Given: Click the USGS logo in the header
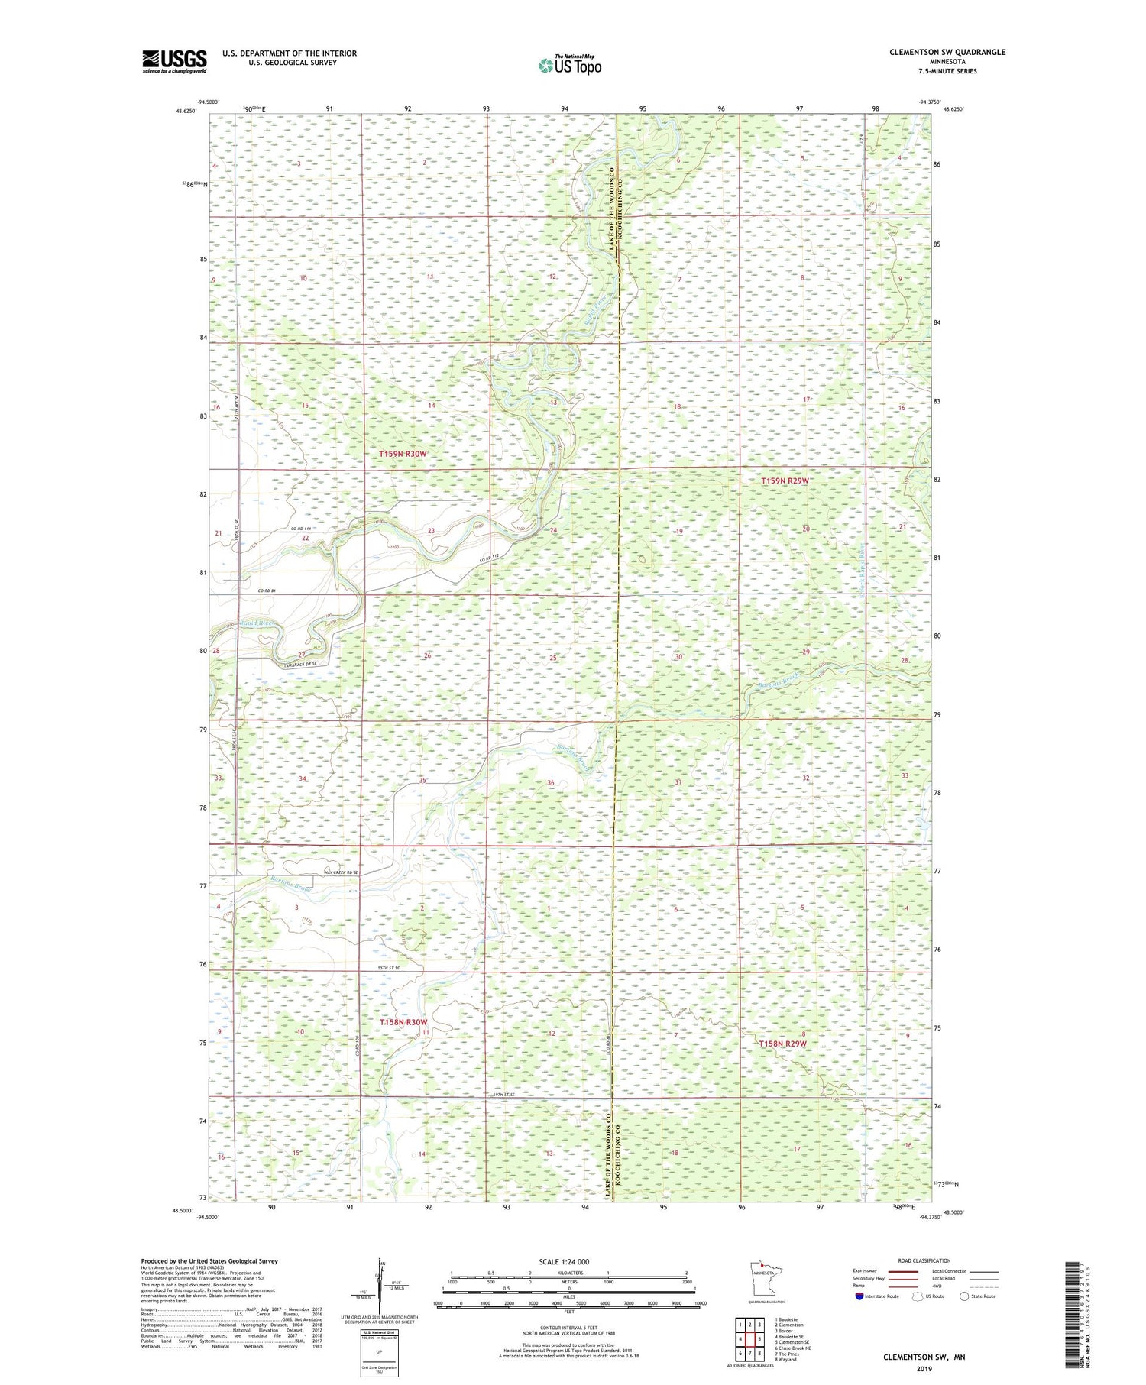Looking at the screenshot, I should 174,61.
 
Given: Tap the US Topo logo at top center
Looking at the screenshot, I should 569,66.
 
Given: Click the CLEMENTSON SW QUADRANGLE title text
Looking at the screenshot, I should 936,52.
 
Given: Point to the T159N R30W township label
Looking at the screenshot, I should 403,454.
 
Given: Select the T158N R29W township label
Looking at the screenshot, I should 782,1043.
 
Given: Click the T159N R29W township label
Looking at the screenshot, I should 785,481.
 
